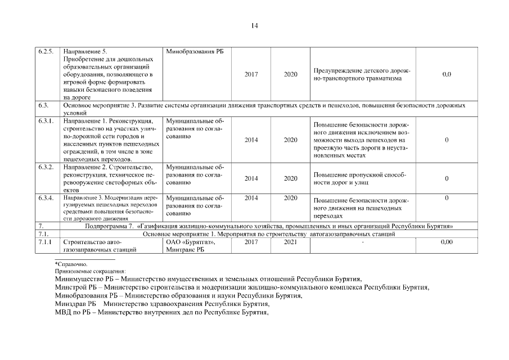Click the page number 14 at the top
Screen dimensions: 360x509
tap(254, 25)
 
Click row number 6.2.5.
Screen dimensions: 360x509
tap(46, 52)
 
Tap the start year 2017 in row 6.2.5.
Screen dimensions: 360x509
tap(251, 74)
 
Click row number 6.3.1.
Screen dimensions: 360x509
tap(46, 121)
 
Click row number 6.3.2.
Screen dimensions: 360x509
tap(46, 167)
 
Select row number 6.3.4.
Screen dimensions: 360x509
tap(46, 198)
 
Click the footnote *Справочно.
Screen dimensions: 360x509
tap(71, 264)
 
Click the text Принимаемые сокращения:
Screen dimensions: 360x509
tap(87, 271)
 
